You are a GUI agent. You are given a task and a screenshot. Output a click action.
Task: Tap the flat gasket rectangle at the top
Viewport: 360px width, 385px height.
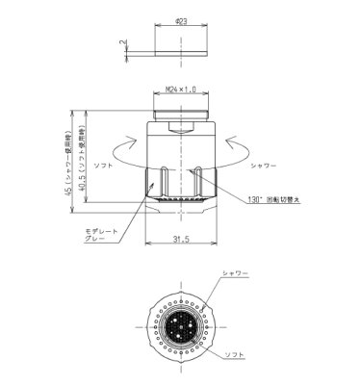click(x=180, y=44)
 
